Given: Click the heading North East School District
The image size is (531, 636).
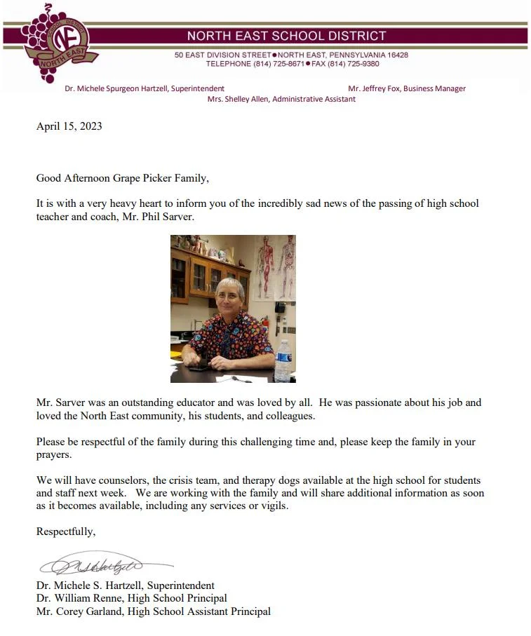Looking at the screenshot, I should (286, 36).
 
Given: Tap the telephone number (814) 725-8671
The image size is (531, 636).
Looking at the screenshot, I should (278, 64).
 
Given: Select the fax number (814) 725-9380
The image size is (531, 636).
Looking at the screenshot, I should (355, 64).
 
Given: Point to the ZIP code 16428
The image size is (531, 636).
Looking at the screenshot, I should (396, 55).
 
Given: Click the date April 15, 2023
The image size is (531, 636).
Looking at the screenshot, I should (69, 126).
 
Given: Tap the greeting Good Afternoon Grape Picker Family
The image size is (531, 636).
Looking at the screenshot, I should (123, 178).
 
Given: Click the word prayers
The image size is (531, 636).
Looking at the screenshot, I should (54, 454).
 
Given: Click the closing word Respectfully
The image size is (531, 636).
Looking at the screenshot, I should (65, 532).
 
